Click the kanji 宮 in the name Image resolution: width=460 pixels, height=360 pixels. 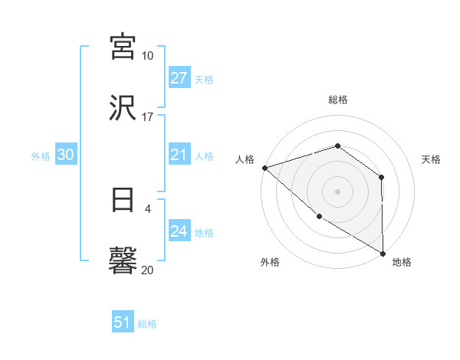[123, 46]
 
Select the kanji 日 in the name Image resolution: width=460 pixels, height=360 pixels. [123, 201]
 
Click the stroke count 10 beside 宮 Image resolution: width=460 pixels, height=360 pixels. [147, 56]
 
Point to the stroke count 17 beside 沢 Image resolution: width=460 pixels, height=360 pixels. [147, 117]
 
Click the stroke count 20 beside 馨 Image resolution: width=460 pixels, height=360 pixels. [147, 270]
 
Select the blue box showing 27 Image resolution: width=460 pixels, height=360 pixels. [179, 78]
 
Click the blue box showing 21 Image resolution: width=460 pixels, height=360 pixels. [179, 155]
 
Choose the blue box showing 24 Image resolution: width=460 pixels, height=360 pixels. [179, 231]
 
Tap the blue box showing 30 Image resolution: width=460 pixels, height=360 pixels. [66, 155]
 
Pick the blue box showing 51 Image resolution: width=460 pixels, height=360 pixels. [123, 322]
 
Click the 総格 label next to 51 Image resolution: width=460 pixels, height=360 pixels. [147, 324]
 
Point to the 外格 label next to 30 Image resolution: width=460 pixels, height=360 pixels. [41, 155]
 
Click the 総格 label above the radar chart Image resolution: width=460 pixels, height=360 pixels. [338, 100]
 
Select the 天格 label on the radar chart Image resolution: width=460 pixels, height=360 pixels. [431, 159]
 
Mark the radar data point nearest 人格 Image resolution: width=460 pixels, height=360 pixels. [264, 168]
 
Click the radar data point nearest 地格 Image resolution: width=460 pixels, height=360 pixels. [383, 253]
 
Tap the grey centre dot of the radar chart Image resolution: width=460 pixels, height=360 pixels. [338, 191]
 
